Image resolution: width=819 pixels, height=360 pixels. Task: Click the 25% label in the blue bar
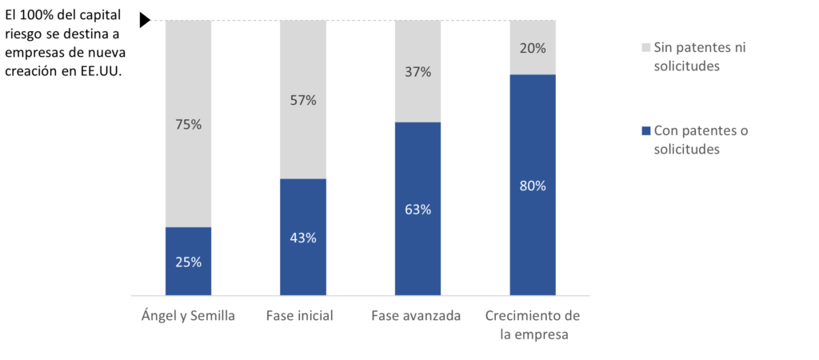pyautogui.click(x=188, y=262)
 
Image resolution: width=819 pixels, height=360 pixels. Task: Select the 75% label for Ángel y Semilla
pyautogui.click(x=188, y=124)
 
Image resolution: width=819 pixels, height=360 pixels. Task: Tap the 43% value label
pyautogui.click(x=303, y=238)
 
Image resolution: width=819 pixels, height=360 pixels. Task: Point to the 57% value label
pyautogui.click(x=303, y=100)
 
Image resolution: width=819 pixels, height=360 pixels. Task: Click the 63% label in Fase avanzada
pyautogui.click(x=417, y=210)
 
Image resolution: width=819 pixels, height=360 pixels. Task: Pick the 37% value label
pyautogui.click(x=417, y=71)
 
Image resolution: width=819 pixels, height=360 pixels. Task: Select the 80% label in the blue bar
pyautogui.click(x=533, y=186)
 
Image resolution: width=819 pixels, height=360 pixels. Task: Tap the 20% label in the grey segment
pyautogui.click(x=533, y=48)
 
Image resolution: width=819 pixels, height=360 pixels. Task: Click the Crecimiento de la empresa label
pyautogui.click(x=533, y=325)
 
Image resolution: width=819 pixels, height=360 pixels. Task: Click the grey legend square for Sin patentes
pyautogui.click(x=645, y=47)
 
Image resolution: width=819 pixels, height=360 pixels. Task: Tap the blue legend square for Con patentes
pyautogui.click(x=645, y=130)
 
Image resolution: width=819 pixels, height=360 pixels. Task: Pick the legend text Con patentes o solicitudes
pyautogui.click(x=701, y=139)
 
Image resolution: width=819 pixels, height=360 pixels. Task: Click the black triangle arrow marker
pyautogui.click(x=145, y=21)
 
